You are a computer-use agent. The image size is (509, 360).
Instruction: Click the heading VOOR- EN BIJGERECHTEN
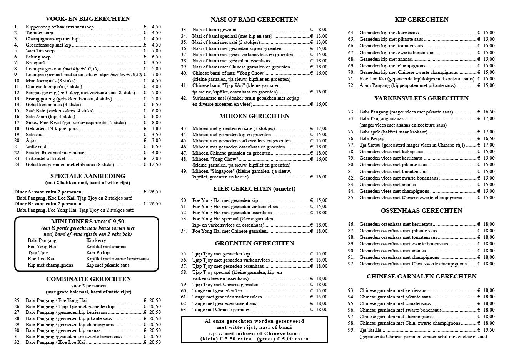click(87, 19)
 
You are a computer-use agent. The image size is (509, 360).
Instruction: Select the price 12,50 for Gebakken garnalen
click(155, 165)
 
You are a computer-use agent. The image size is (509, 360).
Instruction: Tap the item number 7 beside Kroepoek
click(16, 63)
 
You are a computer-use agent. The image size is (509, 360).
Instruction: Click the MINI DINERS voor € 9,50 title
click(87, 222)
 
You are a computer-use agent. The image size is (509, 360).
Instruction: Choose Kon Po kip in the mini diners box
click(98, 253)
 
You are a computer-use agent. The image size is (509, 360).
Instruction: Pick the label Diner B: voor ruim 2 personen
click(48, 204)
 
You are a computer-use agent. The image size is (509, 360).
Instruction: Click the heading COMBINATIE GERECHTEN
click(88, 279)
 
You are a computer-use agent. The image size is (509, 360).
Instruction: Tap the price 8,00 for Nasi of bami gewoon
click(322, 30)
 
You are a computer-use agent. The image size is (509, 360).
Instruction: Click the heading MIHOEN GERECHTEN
click(254, 116)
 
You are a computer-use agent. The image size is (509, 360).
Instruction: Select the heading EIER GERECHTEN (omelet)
click(254, 189)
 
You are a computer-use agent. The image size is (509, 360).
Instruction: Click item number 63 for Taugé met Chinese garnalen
click(184, 310)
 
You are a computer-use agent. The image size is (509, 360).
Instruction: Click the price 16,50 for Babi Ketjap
click(489, 138)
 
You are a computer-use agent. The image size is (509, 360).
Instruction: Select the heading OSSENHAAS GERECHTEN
click(421, 211)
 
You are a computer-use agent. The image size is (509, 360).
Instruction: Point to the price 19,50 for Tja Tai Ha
click(489, 330)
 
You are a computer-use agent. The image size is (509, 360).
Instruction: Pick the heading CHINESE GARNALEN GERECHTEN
click(421, 277)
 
